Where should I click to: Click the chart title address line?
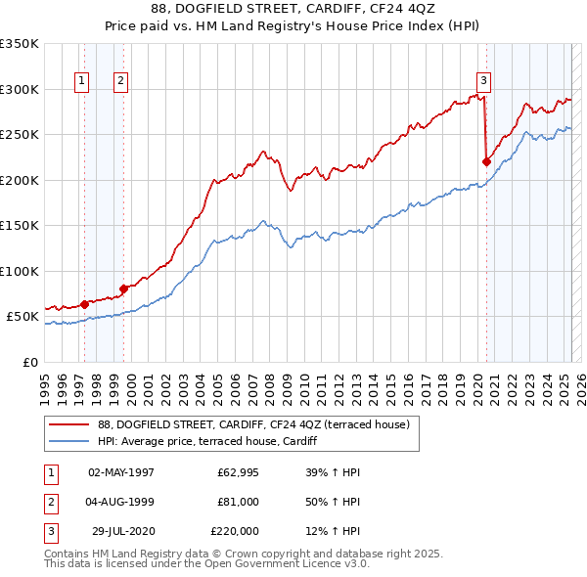293,11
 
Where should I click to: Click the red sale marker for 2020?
486,161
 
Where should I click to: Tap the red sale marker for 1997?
85,304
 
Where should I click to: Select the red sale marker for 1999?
124,288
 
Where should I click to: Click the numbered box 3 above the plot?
483,81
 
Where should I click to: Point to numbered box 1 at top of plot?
81,81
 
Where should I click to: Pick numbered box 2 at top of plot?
120,81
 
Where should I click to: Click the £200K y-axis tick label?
20,180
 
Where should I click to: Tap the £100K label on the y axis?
20,271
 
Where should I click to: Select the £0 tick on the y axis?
30,362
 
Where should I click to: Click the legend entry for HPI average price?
206,441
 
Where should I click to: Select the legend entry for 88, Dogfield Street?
258,423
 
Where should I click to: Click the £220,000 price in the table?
235,531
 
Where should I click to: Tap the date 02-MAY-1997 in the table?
121,472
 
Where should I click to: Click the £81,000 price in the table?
238,502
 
